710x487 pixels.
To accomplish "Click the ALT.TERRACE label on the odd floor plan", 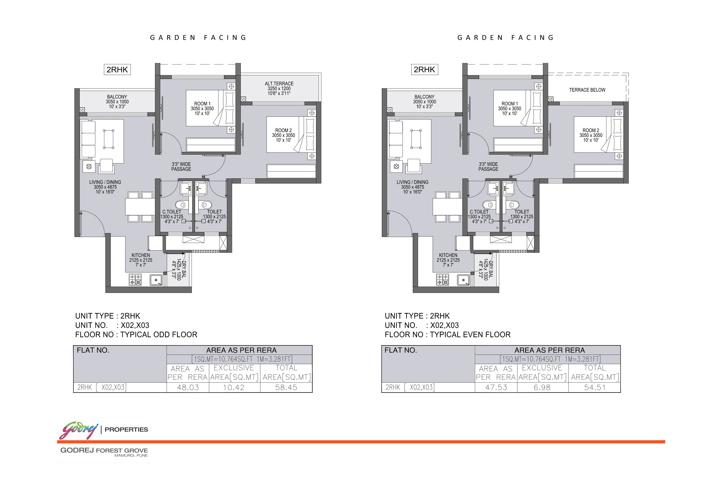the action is (x=279, y=84).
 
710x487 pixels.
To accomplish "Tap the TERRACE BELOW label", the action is (x=587, y=90).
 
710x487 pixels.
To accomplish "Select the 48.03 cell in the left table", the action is (x=188, y=387).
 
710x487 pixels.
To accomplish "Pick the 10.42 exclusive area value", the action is (x=234, y=387).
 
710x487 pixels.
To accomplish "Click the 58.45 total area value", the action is (x=286, y=387).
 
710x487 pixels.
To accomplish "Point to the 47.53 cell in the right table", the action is (x=496, y=387).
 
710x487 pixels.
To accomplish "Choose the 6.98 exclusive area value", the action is (x=542, y=387).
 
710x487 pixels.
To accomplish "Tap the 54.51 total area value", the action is (x=595, y=387).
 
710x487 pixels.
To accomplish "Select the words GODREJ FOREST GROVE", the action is (x=104, y=450).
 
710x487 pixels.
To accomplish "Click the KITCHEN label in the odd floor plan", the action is (x=141, y=255).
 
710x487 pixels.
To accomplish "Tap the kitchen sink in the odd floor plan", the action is (x=156, y=280).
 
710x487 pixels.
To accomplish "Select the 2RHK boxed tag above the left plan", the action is (x=117, y=70).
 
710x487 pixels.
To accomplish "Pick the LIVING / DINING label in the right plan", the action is (x=412, y=182).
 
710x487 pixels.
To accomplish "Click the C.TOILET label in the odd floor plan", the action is (x=172, y=212).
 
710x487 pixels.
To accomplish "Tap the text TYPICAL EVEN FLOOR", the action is (x=470, y=335).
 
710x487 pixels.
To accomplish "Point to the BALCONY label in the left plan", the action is (x=117, y=97).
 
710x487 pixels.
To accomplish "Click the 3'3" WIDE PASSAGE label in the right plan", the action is (x=488, y=167).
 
